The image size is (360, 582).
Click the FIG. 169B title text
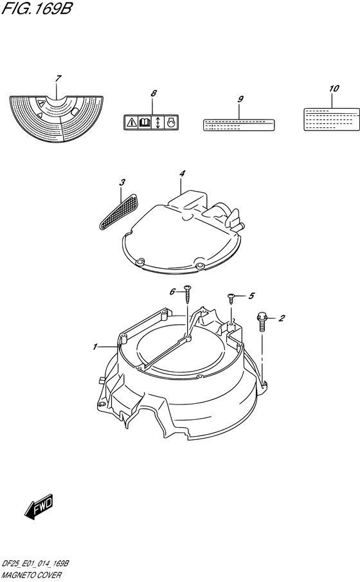click(x=36, y=8)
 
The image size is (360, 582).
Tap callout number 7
click(x=58, y=78)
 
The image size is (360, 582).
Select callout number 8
click(x=154, y=93)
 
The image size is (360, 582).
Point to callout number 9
click(x=240, y=99)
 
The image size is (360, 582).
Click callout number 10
click(x=334, y=88)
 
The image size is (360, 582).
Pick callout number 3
click(x=122, y=182)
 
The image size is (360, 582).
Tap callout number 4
click(x=182, y=174)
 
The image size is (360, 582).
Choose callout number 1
click(x=95, y=347)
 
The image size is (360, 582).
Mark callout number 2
click(x=282, y=318)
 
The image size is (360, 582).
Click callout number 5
click(x=251, y=296)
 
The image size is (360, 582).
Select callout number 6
click(x=172, y=292)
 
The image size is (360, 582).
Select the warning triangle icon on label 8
click(x=131, y=122)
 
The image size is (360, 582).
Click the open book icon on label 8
click(x=144, y=122)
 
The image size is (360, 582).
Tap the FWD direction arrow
click(x=39, y=507)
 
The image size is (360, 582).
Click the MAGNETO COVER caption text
click(x=31, y=576)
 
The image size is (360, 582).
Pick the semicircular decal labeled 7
click(x=57, y=118)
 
